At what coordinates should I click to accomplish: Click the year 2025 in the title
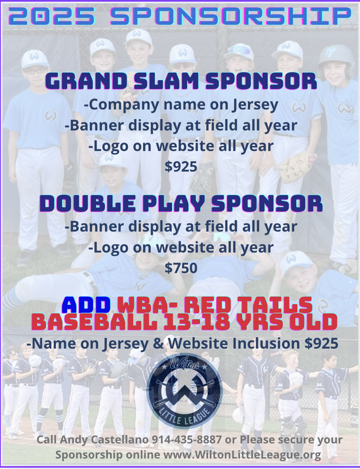click(52, 16)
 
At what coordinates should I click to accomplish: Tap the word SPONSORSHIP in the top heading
click(230, 16)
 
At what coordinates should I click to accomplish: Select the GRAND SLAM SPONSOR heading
click(181, 81)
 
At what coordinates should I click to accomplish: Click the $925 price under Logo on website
click(181, 166)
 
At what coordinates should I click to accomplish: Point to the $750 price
click(181, 268)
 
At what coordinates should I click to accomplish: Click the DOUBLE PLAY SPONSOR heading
click(181, 204)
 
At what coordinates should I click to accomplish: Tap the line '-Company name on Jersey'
click(181, 105)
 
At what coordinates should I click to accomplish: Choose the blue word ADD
click(86, 305)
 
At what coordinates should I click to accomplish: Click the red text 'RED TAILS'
click(248, 305)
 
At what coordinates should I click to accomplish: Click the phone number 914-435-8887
click(187, 440)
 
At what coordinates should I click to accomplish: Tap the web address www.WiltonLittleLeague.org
click(242, 454)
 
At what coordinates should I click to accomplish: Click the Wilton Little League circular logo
click(184, 391)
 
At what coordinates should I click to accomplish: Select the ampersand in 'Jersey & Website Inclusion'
click(158, 343)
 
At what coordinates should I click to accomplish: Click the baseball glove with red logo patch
click(298, 167)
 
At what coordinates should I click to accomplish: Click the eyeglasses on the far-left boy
click(35, 71)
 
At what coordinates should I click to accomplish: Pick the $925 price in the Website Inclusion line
click(322, 343)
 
